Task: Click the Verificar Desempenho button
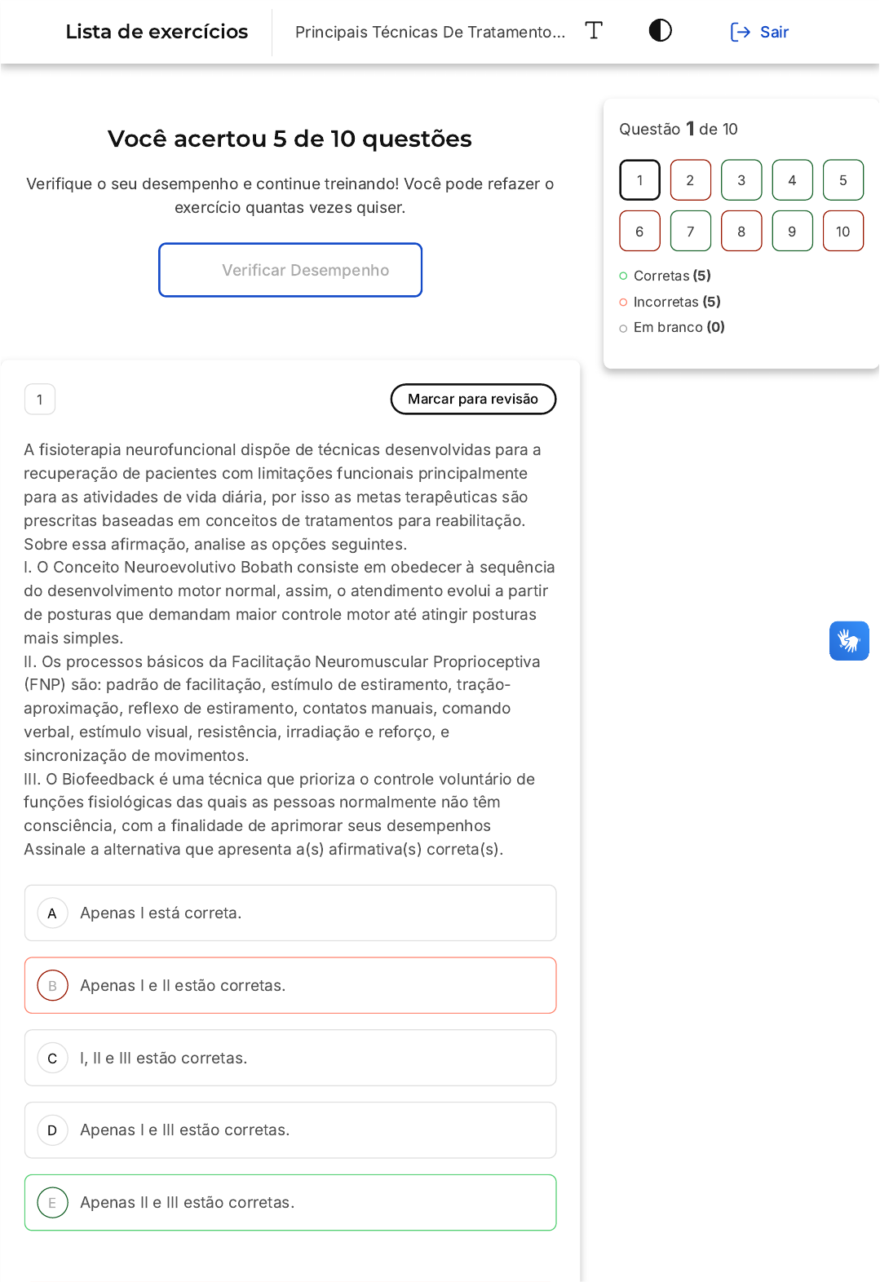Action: [290, 270]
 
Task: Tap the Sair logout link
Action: [759, 32]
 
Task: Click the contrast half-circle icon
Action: [660, 31]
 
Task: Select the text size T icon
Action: [594, 31]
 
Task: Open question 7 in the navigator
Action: [690, 231]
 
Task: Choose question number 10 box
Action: [842, 231]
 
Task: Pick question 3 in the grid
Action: [741, 180]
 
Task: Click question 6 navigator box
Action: [639, 231]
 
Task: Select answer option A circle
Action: [52, 913]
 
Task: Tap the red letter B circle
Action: [52, 986]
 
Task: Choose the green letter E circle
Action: [52, 1203]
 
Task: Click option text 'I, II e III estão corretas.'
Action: [163, 1058]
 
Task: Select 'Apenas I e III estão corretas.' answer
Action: [184, 1130]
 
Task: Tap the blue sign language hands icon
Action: [849, 641]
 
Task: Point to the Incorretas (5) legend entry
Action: [676, 302]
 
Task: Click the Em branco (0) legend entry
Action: [679, 327]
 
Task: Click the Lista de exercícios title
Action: [157, 32]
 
